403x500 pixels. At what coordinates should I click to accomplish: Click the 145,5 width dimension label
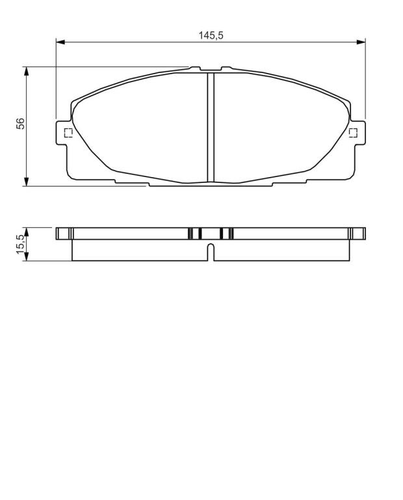click(x=211, y=35)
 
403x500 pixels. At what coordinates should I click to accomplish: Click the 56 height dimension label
click(x=20, y=124)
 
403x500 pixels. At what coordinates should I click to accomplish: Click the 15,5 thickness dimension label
click(x=20, y=244)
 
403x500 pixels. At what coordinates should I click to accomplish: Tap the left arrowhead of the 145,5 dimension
click(x=60, y=42)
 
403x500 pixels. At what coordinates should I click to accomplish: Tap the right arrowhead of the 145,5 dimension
click(x=361, y=42)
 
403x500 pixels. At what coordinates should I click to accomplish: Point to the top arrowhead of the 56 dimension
click(x=27, y=71)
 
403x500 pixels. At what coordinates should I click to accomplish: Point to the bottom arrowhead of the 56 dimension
click(x=27, y=182)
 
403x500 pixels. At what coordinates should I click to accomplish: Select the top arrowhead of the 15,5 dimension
click(x=27, y=232)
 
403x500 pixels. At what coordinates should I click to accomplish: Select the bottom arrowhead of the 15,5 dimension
click(x=27, y=257)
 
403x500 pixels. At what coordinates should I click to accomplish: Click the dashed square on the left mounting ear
click(x=68, y=133)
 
